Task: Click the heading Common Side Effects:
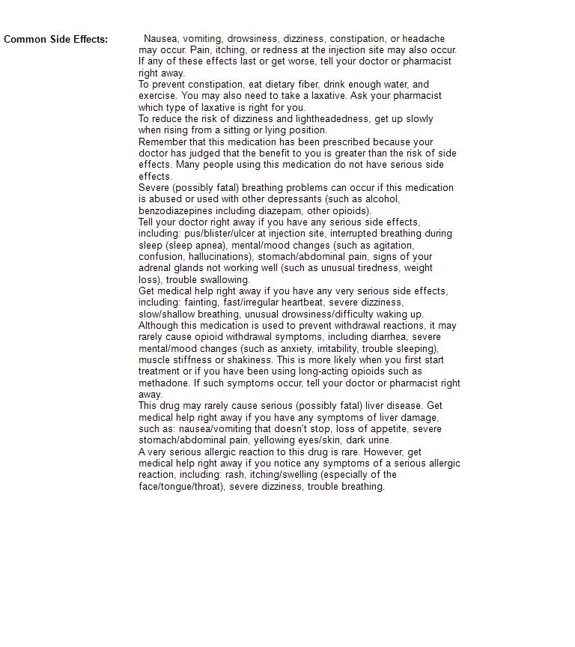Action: click(55, 39)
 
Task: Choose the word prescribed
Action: click(343, 142)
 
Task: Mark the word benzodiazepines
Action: click(175, 211)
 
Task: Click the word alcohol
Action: click(381, 199)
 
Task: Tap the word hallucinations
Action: click(220, 257)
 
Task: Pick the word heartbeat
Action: click(302, 303)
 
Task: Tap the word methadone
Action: click(164, 383)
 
